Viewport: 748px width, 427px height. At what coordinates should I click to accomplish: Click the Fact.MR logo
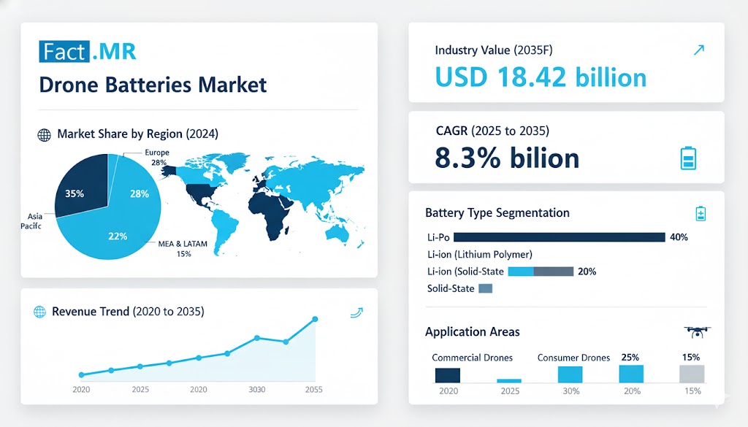[x=85, y=52]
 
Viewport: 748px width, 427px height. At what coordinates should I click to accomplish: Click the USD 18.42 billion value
[x=541, y=77]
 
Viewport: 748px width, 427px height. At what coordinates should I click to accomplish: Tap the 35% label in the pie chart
[x=75, y=193]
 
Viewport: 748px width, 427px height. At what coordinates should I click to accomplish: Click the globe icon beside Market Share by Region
[x=44, y=134]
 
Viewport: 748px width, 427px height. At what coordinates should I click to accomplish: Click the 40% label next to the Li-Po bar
[x=679, y=237]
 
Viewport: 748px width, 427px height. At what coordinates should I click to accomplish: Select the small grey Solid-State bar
[x=485, y=288]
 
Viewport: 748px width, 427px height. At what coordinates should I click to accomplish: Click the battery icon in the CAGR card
[x=688, y=158]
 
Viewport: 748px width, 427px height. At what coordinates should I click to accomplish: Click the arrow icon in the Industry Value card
[x=698, y=50]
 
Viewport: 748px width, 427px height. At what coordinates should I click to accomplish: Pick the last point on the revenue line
[x=315, y=319]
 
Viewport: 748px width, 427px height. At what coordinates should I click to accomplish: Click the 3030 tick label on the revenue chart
[x=256, y=389]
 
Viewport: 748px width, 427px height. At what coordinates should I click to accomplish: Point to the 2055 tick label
[x=315, y=389]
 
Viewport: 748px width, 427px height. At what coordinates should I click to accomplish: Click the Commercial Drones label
[x=472, y=358]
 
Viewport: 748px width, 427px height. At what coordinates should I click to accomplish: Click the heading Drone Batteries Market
[x=152, y=85]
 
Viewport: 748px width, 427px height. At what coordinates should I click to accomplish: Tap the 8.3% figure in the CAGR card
[x=465, y=158]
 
